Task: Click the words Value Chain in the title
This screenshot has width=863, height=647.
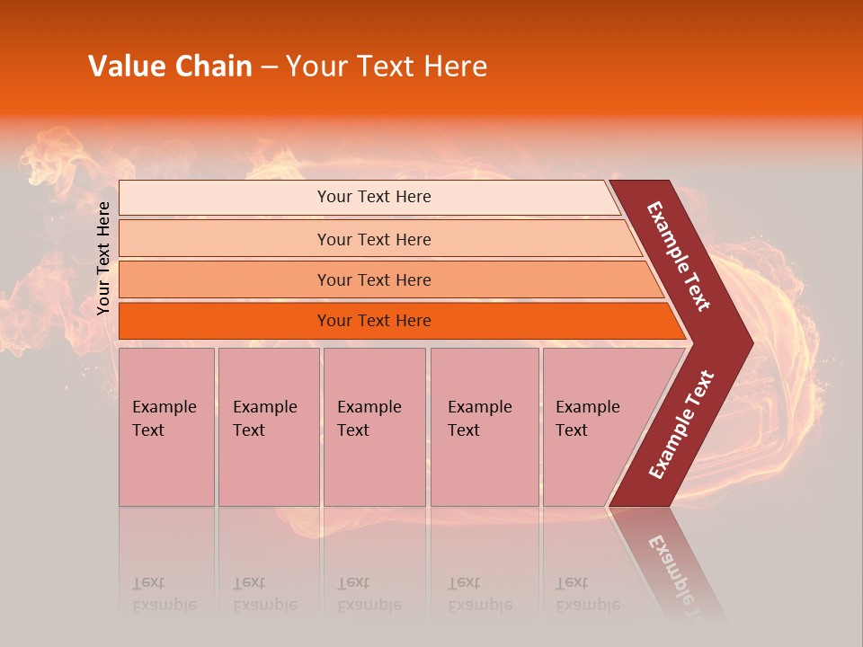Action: (170, 66)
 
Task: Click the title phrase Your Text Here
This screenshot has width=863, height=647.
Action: (387, 66)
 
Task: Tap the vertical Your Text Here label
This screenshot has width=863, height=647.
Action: (104, 258)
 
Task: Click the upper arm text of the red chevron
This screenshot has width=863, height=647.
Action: (679, 256)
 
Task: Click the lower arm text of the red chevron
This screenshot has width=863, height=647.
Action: (681, 424)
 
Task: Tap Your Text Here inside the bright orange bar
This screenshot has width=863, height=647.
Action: (374, 321)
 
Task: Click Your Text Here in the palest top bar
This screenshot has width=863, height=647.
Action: (374, 197)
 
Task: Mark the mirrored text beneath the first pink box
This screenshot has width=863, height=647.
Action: (164, 594)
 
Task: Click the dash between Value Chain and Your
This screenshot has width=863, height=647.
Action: (269, 66)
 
